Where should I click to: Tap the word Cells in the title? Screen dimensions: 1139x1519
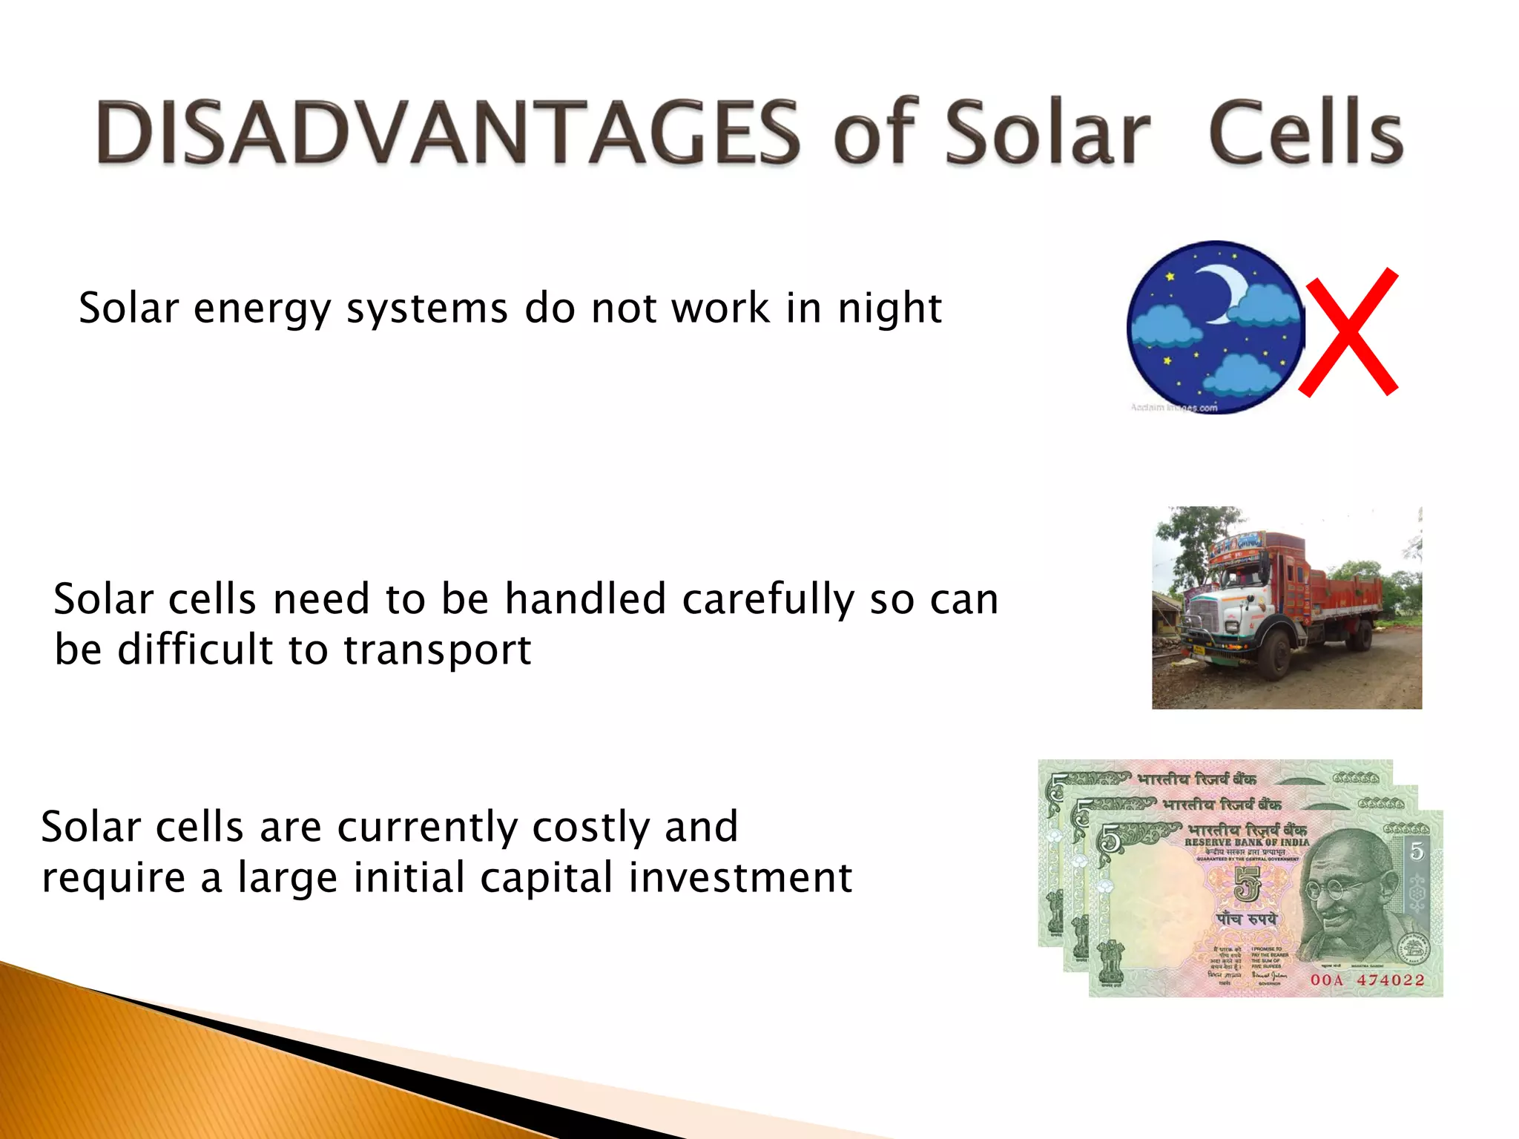(1305, 133)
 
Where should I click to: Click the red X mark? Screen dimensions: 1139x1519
(1348, 332)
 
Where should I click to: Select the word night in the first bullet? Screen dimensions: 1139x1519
(889, 308)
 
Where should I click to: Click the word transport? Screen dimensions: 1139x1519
(437, 650)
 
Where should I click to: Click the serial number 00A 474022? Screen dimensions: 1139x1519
(1367, 980)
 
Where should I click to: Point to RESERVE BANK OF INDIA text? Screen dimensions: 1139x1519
(1247, 842)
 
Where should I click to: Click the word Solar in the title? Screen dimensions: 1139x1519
(1047, 133)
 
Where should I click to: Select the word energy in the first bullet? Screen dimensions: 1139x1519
(262, 308)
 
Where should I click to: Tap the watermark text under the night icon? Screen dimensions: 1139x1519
(1173, 407)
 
